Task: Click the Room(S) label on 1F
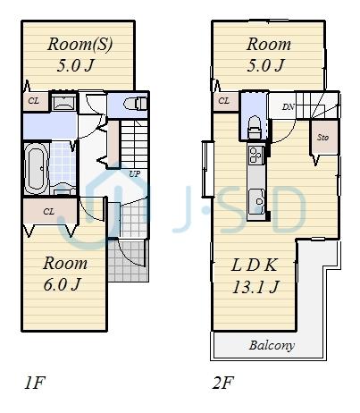(80, 44)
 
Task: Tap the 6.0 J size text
(64, 285)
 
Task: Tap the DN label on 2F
(288, 107)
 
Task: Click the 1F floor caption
(34, 384)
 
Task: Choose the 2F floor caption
(223, 384)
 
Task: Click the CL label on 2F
(223, 100)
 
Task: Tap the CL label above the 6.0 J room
(48, 212)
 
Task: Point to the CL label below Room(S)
(34, 101)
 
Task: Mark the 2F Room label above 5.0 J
(269, 44)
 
